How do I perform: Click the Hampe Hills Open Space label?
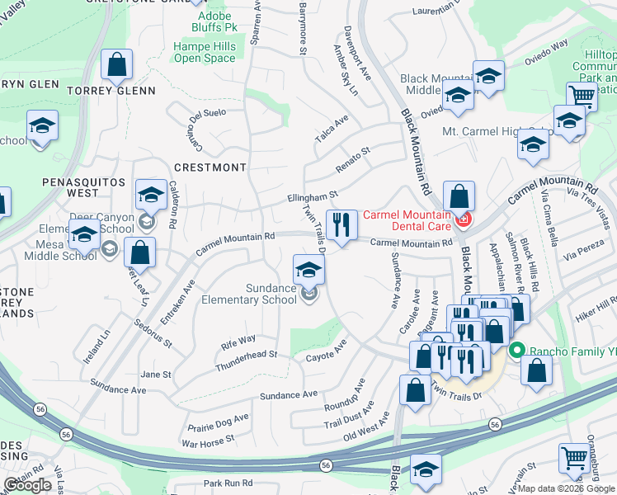(x=205, y=53)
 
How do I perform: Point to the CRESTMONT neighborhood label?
(x=210, y=167)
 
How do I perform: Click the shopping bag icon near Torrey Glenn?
(x=117, y=64)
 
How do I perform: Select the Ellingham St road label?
(x=313, y=197)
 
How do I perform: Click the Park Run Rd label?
(x=228, y=483)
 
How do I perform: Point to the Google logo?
(x=27, y=485)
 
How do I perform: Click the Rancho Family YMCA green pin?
(x=517, y=349)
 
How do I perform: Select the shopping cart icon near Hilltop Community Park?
(x=582, y=96)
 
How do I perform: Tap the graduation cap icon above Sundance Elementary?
(x=308, y=270)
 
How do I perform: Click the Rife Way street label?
(x=237, y=339)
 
